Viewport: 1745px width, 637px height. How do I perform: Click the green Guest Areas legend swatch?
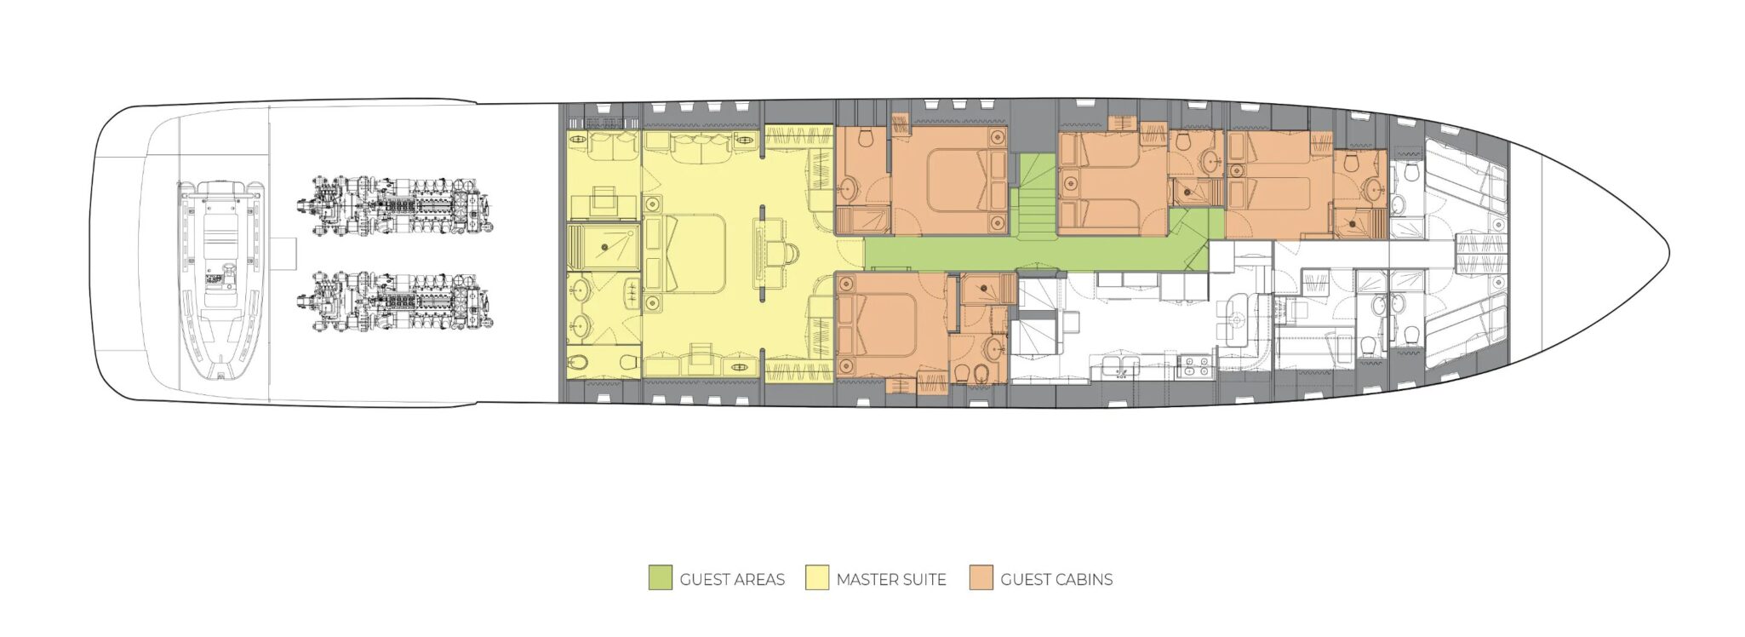pyautogui.click(x=660, y=578)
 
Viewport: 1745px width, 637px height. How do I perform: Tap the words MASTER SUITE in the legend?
pyautogui.click(x=891, y=580)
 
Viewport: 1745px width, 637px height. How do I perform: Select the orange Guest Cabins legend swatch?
pyautogui.click(x=981, y=578)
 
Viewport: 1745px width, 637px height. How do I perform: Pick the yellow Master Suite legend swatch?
pyautogui.click(x=817, y=578)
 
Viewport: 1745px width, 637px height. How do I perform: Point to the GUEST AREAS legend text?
pyautogui.click(x=732, y=580)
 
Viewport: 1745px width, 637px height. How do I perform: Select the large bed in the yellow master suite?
pyautogui.click(x=685, y=253)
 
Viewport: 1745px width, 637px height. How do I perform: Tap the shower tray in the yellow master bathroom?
pyautogui.click(x=604, y=247)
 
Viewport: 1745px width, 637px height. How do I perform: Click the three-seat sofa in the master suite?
pyautogui.click(x=701, y=148)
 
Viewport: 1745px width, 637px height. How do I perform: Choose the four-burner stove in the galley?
pyautogui.click(x=1195, y=367)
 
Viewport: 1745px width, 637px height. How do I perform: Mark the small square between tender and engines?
pyautogui.click(x=285, y=253)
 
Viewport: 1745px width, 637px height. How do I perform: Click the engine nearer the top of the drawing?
pyautogui.click(x=395, y=207)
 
